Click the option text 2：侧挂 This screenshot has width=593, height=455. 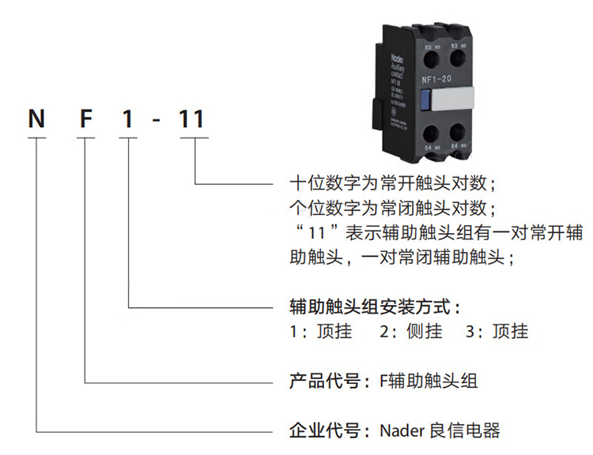(410, 332)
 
